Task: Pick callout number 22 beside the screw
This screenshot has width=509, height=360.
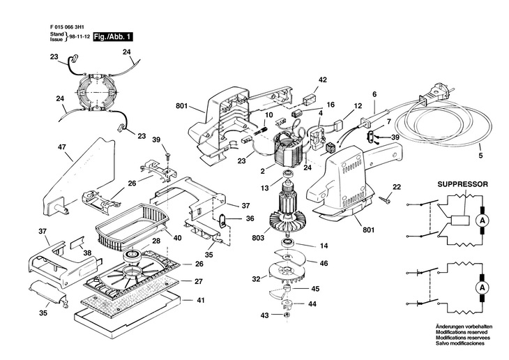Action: tap(397, 187)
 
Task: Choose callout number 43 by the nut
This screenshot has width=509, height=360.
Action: tap(264, 316)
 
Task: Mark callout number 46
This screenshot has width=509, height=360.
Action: tap(324, 263)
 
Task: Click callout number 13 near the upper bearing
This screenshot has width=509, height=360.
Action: tap(264, 188)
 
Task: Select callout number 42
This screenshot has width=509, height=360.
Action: tap(322, 80)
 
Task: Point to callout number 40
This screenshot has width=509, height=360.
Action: tap(178, 238)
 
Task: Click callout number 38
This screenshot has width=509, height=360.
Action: tap(88, 252)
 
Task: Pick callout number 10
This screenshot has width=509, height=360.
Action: tap(268, 114)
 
